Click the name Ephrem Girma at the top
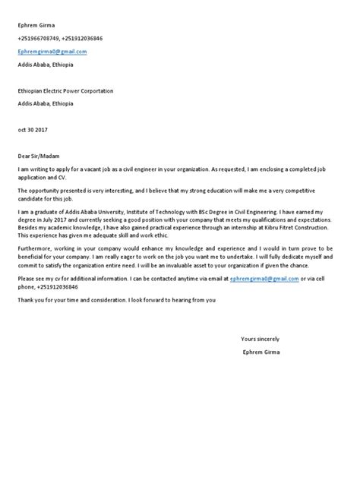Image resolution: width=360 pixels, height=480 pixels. point(36,26)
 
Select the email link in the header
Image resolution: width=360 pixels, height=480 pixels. point(52,51)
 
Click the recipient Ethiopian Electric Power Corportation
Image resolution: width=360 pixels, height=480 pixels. point(65,90)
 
